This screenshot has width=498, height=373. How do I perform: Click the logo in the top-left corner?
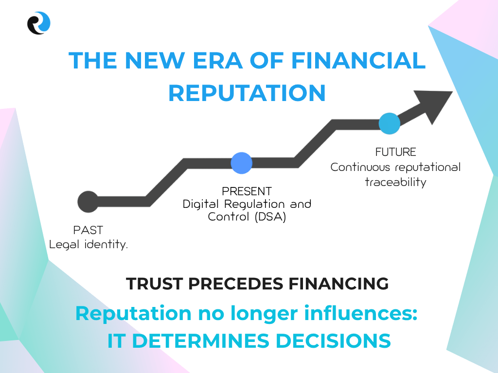point(39,23)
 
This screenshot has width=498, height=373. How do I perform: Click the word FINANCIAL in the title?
point(358,60)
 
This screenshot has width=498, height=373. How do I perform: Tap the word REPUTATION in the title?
point(247,93)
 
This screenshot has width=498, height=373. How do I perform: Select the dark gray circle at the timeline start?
point(89,202)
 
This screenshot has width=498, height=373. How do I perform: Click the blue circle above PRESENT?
point(241,163)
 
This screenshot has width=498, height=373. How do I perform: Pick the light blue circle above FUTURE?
point(390,123)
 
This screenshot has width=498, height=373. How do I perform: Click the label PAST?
point(89,230)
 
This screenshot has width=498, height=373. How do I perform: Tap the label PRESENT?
point(247,191)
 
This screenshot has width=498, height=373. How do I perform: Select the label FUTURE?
point(395,152)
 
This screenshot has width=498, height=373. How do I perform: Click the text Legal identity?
point(89,245)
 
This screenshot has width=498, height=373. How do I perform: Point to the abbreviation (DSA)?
point(270,217)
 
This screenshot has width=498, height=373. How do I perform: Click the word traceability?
point(395,183)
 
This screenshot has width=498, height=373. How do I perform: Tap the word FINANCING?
point(338,284)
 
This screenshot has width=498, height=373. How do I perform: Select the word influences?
point(360,313)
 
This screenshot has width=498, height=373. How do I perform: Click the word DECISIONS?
point(333,341)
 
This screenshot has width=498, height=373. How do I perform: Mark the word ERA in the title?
point(217,60)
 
